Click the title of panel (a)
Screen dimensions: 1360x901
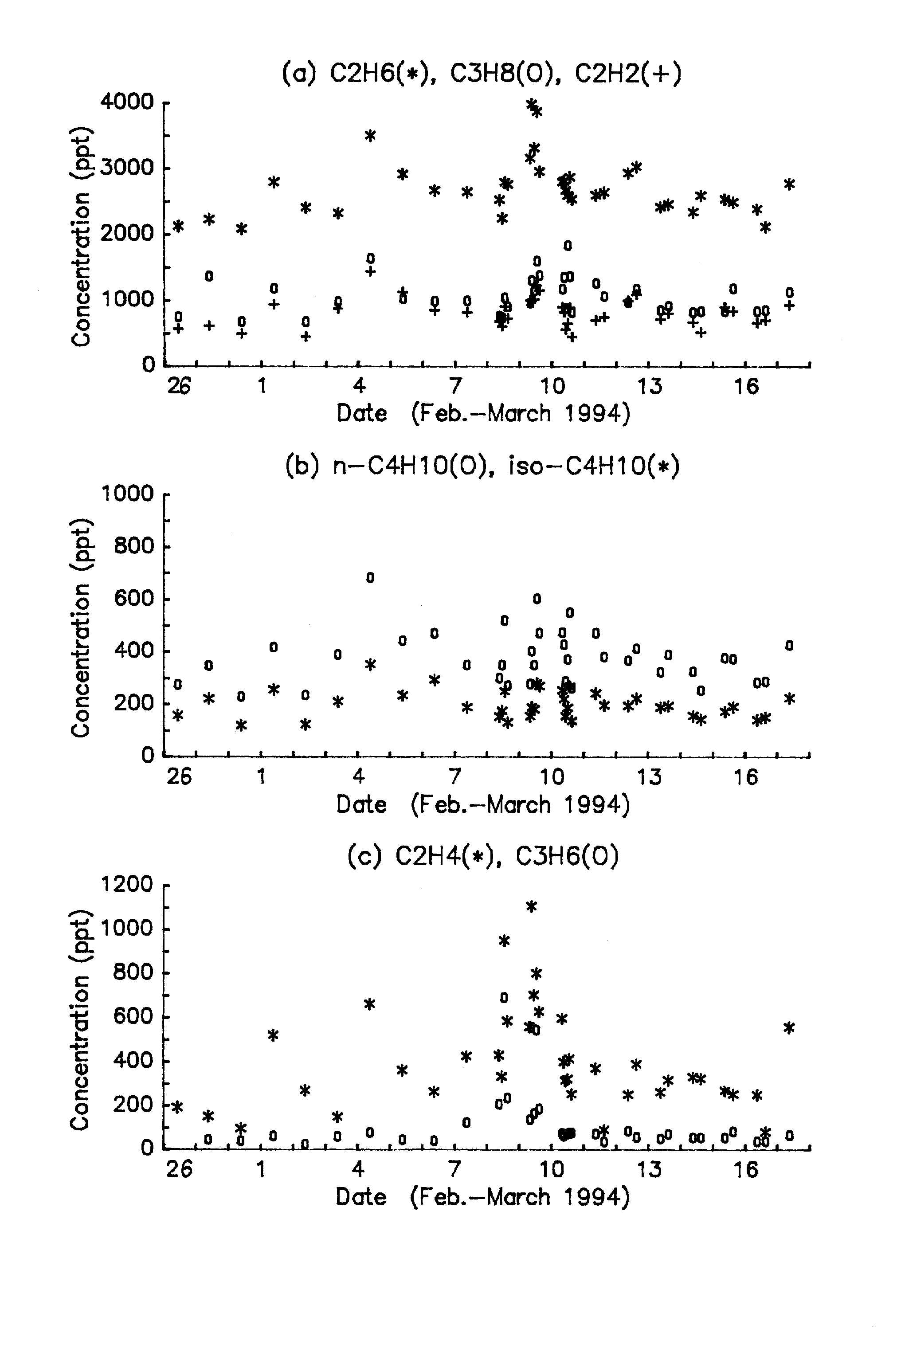[482, 74]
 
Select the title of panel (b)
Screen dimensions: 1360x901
[482, 466]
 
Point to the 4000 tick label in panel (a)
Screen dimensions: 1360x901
[127, 102]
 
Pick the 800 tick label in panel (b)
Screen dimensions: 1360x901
[134, 546]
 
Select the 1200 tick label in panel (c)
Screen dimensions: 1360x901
[127, 885]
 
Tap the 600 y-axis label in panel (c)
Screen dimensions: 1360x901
[134, 1016]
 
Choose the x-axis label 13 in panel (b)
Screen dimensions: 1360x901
[649, 777]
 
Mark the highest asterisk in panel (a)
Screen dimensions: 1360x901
[532, 104]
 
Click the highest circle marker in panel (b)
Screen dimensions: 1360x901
[370, 577]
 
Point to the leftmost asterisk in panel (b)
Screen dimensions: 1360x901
[178, 715]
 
